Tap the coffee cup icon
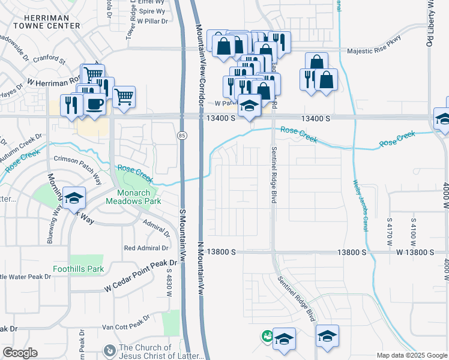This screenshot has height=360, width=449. point(95,103)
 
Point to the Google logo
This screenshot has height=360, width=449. point(20,353)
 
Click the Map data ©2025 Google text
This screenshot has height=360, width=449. point(412,355)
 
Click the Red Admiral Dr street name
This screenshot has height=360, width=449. point(146,248)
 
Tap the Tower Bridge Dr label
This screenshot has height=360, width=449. point(128,25)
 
